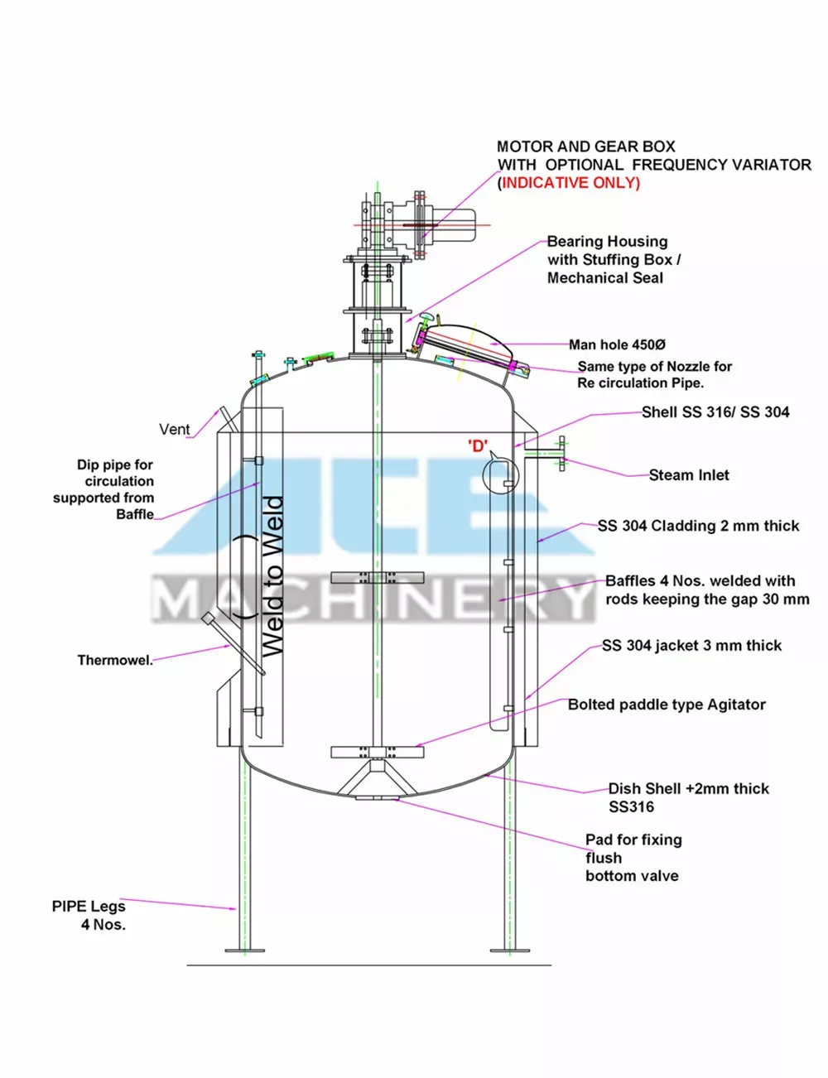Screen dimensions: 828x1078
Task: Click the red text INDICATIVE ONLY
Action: (x=570, y=183)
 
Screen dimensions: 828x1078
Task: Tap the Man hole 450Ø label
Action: (x=617, y=344)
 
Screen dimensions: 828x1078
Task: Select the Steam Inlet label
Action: (x=689, y=475)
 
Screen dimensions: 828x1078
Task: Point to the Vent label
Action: (x=174, y=429)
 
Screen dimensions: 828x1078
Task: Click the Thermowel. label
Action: (x=115, y=661)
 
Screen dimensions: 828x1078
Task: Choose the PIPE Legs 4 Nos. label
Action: (x=89, y=915)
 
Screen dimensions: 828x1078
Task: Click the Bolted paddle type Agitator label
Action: (x=667, y=705)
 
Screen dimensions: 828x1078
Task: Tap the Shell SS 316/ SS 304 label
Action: (x=715, y=412)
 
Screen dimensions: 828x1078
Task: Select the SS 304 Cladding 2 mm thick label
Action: (x=698, y=526)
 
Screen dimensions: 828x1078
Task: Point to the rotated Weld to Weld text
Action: (x=273, y=576)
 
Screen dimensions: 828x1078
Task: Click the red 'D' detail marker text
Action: (x=478, y=446)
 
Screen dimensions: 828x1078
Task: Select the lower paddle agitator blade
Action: (x=377, y=752)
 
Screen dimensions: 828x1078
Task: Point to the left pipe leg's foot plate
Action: (x=245, y=950)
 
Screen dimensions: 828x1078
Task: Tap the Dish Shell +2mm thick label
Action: (x=688, y=789)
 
